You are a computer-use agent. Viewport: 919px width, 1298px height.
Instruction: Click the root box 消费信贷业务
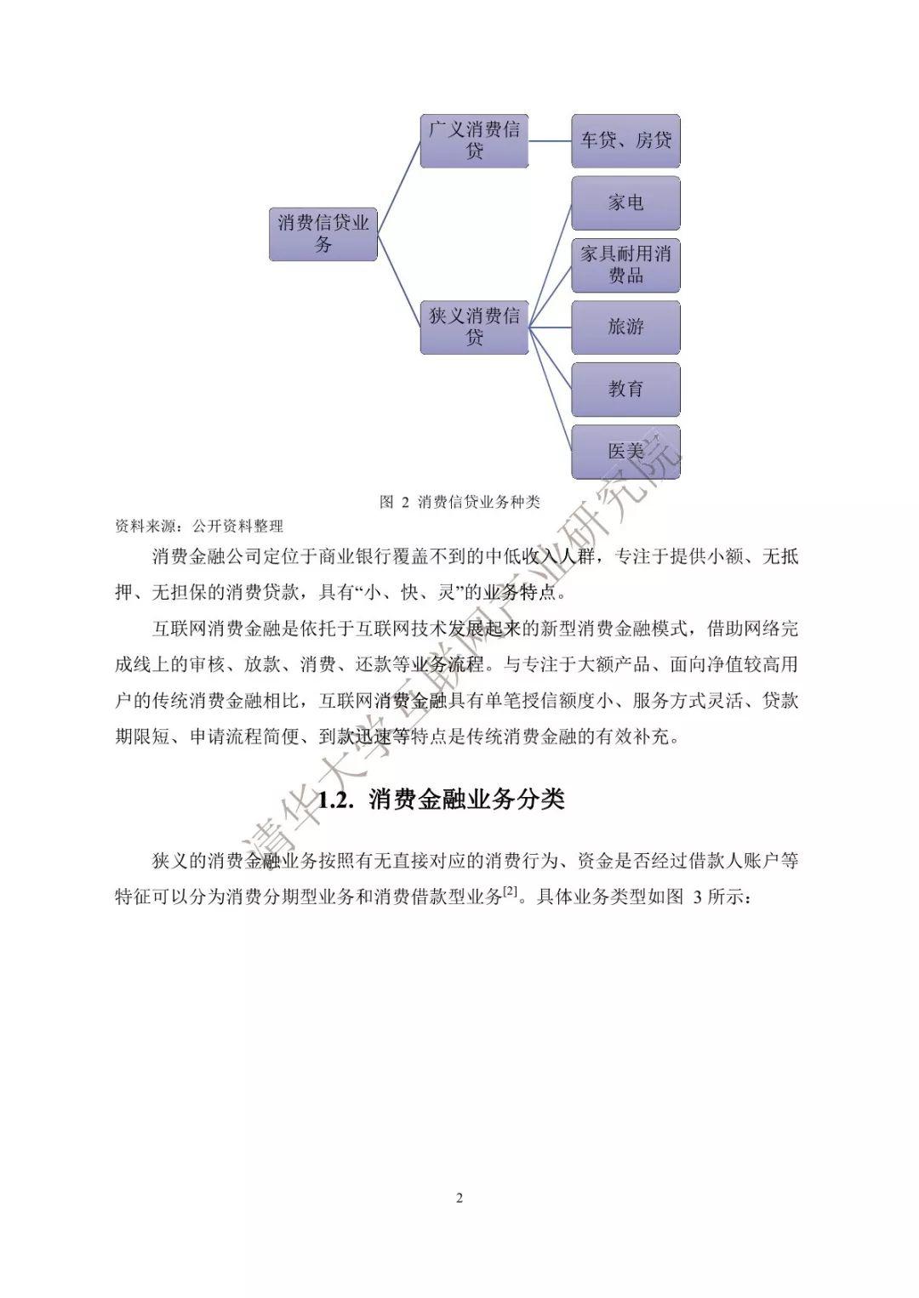323,234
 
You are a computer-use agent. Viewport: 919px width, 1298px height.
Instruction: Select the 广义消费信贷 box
474,141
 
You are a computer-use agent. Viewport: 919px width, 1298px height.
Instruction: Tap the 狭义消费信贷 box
474,327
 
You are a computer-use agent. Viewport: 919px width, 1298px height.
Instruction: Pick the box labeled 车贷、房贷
625,141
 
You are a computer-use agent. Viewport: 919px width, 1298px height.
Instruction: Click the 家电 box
625,202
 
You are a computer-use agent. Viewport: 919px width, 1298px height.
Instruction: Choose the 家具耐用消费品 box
625,265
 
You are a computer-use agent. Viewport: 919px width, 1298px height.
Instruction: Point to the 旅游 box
625,327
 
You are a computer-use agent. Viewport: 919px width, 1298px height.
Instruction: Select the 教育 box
625,389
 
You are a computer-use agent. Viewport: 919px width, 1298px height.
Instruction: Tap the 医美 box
625,452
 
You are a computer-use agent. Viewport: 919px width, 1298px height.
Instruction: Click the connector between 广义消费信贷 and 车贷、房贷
551,141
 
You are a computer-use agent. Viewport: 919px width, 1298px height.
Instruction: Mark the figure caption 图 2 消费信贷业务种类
459,502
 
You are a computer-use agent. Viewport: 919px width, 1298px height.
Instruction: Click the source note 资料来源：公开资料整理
199,527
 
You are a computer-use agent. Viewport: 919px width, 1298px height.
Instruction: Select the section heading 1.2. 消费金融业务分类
442,800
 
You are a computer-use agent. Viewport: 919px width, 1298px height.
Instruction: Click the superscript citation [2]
510,893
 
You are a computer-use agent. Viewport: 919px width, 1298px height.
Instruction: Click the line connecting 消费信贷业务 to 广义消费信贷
399,187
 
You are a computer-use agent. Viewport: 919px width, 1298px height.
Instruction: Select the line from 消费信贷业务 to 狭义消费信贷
399,281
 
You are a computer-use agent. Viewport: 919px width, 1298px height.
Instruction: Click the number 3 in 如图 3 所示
698,898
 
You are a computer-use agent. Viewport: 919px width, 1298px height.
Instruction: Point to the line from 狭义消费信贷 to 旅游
551,327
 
